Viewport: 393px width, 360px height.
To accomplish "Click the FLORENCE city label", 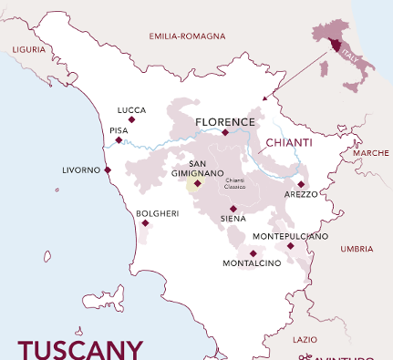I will [224, 120].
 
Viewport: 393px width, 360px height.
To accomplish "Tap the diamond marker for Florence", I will [225, 133].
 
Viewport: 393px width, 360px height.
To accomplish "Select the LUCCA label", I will [131, 109].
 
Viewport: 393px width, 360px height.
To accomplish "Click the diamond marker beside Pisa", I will [119, 140].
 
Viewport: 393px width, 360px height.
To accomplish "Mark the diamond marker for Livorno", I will [108, 170].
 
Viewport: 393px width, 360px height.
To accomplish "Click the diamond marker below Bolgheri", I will [145, 222].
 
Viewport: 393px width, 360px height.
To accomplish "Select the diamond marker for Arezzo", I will [301, 184].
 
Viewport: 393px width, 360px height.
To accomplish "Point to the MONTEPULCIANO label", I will [290, 236].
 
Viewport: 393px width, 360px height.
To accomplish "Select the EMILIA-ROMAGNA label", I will [186, 36].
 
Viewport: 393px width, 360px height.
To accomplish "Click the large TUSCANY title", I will [80, 349].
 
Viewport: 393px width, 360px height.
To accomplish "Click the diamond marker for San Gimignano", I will [197, 182].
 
